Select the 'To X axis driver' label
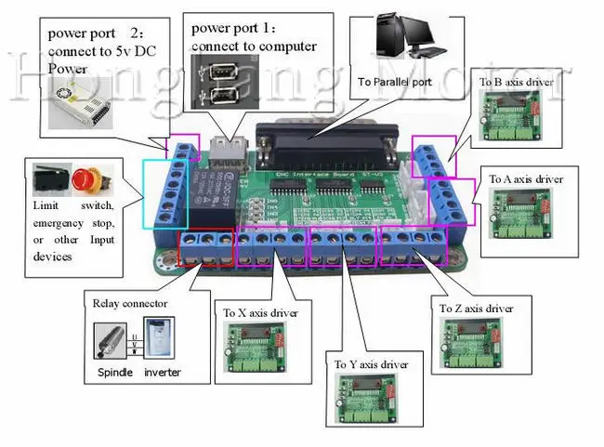[x=260, y=313]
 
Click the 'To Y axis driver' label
[x=371, y=364]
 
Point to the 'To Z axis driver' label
[x=475, y=308]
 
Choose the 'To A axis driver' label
[x=526, y=179]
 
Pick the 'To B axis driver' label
[x=516, y=83]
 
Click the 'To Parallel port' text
[x=396, y=82]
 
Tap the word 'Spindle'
[x=115, y=373]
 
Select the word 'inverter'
[x=163, y=373]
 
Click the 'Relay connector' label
[x=130, y=302]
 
